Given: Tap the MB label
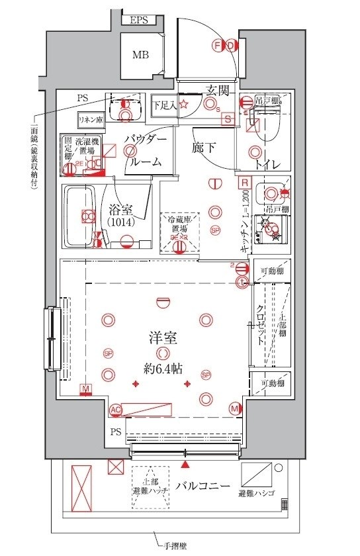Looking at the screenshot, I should coord(140,54).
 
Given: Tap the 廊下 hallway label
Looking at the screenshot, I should coord(204,147).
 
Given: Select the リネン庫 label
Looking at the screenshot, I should coord(89,120).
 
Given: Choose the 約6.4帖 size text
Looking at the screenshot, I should coord(161,369).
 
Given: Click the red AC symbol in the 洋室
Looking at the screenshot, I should coord(116,410).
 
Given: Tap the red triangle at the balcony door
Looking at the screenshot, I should coord(183,451).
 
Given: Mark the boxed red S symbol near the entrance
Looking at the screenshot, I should coord(228,119).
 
